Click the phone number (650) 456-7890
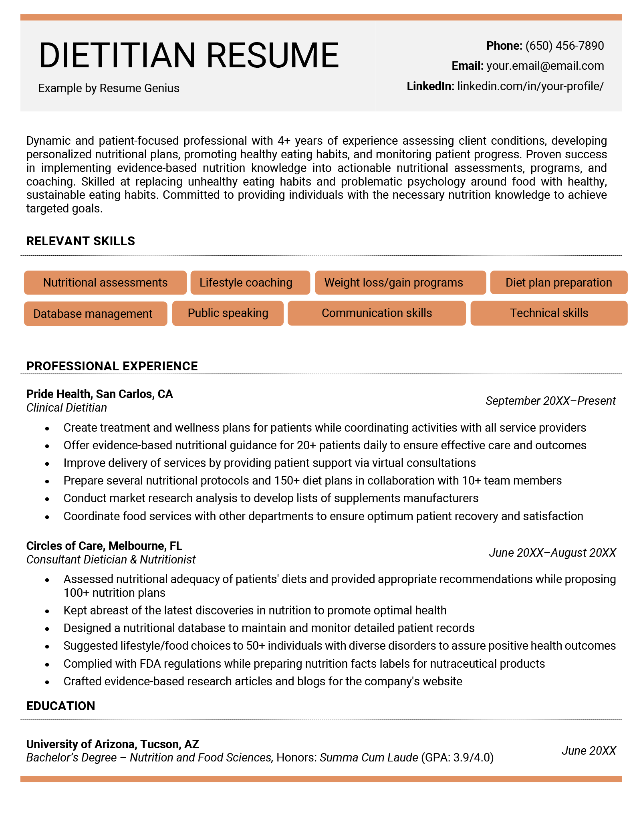point(564,46)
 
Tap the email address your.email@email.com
point(545,66)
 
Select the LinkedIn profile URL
point(530,86)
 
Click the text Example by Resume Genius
point(109,88)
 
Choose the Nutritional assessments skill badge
point(105,283)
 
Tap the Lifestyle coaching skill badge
point(250,283)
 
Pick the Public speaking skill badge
point(228,313)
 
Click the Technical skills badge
point(548,313)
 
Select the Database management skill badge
point(95,314)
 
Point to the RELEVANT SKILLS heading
point(81,241)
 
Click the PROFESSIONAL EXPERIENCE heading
point(112,366)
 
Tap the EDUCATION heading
point(60,706)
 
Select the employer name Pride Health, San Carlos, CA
point(99,394)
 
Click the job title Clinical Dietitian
point(67,408)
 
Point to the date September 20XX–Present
point(550,401)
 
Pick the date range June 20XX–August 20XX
point(552,553)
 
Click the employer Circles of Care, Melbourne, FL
point(104,546)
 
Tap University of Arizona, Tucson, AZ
point(113,745)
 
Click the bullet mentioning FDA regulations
point(304,664)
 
